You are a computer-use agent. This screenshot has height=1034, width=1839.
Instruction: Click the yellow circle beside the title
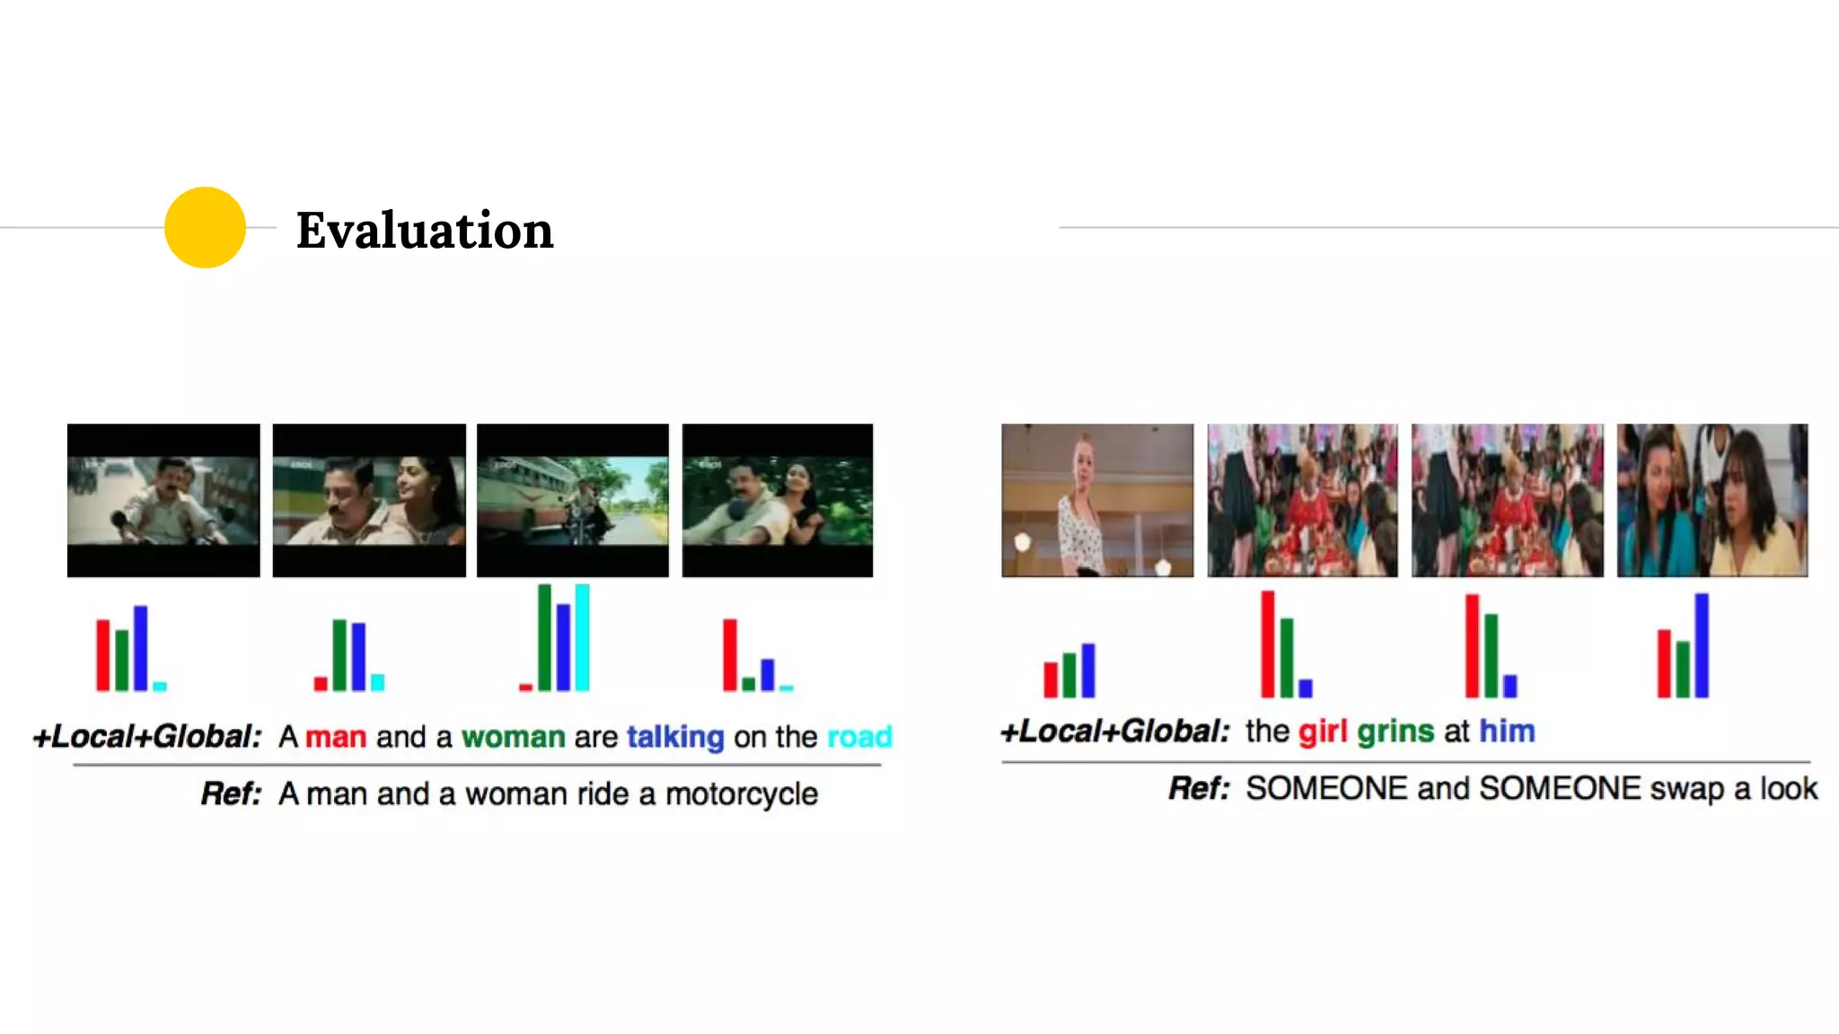205,227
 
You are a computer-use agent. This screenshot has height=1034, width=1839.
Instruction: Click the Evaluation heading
425,230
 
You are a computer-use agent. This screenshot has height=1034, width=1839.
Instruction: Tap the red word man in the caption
336,737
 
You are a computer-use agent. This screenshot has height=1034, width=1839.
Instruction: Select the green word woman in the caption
513,737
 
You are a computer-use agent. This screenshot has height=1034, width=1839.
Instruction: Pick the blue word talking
675,737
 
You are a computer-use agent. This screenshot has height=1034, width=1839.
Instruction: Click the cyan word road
859,737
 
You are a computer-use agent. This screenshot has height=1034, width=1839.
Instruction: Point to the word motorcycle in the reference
742,794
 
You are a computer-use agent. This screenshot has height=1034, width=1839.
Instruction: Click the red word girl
1323,732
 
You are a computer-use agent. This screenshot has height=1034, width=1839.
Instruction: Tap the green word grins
1395,732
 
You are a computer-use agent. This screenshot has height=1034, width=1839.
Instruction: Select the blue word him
1507,732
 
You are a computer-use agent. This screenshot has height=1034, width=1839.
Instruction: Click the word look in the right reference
1789,789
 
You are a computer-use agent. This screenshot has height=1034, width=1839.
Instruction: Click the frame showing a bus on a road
573,500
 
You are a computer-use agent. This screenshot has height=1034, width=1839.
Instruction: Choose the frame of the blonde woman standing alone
1097,500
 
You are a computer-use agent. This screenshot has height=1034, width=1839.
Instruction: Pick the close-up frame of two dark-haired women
1712,500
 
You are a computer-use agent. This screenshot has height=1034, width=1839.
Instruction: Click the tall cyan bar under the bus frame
582,637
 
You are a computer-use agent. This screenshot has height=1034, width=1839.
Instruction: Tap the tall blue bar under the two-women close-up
1702,645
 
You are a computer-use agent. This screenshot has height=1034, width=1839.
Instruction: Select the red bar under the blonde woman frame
1051,679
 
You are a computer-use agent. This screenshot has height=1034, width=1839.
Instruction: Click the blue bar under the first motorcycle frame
141,648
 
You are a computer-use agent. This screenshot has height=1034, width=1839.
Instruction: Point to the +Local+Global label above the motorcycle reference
147,737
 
